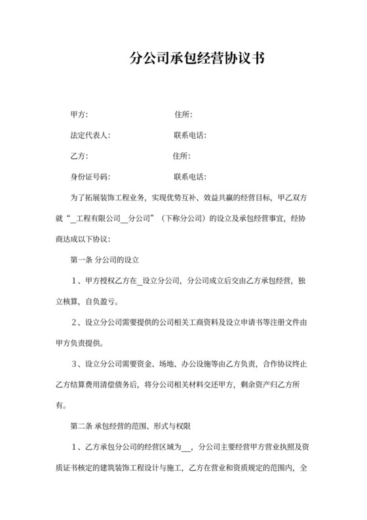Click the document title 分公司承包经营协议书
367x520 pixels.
pyautogui.click(x=197, y=59)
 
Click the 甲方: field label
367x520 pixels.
pyautogui.click(x=79, y=115)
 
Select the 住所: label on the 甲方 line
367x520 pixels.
pyautogui.click(x=183, y=115)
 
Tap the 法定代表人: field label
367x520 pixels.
pyautogui.click(x=90, y=135)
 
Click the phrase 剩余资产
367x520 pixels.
pyautogui.click(x=266, y=383)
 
